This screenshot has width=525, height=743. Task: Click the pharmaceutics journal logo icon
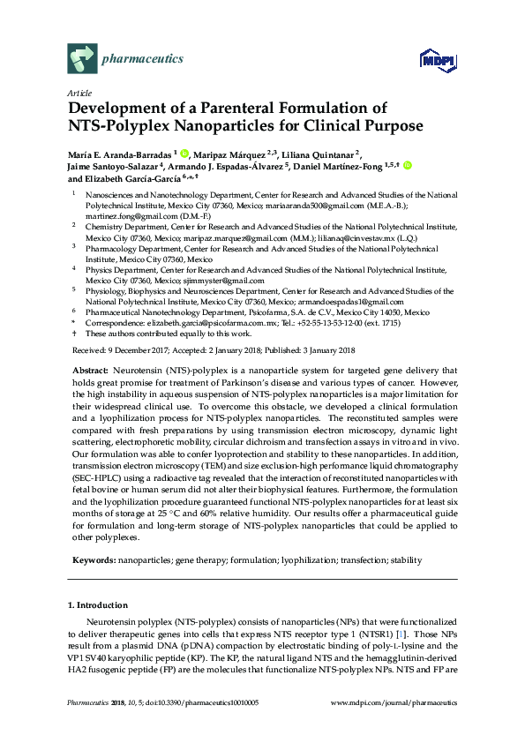pyautogui.click(x=81, y=60)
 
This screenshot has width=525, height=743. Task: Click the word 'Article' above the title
pyautogui.click(x=76, y=93)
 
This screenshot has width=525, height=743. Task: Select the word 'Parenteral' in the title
pyautogui.click(x=223, y=109)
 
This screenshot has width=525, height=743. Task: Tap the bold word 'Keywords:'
pyautogui.click(x=89, y=560)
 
